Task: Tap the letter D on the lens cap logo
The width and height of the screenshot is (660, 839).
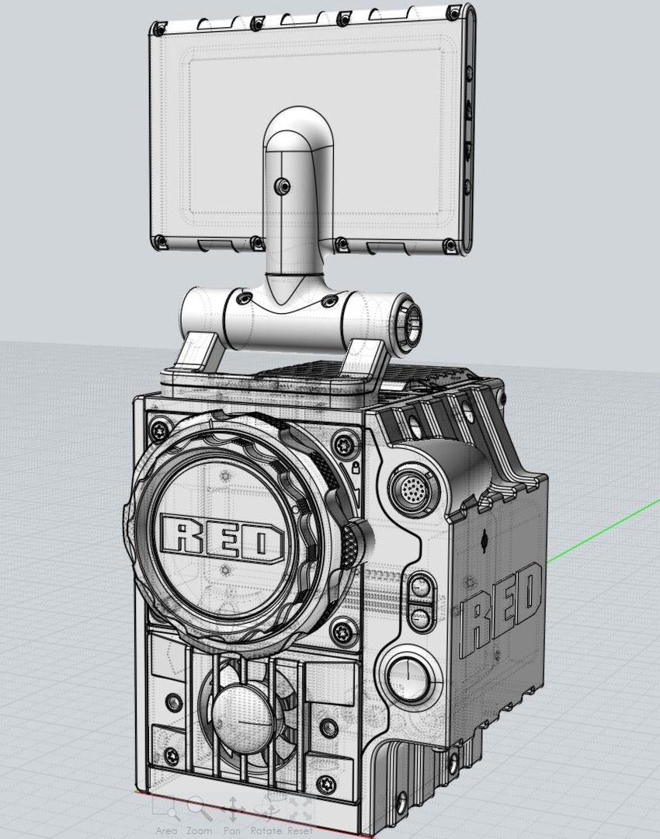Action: (262, 541)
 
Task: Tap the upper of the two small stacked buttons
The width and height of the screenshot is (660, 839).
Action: (421, 587)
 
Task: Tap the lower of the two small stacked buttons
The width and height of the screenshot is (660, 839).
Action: (421, 618)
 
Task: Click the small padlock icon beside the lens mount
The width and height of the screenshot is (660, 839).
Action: (355, 468)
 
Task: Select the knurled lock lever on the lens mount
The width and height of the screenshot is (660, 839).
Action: (354, 544)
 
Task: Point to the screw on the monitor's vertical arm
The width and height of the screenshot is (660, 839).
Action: (280, 186)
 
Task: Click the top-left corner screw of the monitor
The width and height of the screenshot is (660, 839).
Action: (158, 29)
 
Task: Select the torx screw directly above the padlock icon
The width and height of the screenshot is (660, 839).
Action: (342, 444)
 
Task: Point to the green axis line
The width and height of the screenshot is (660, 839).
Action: (606, 528)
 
